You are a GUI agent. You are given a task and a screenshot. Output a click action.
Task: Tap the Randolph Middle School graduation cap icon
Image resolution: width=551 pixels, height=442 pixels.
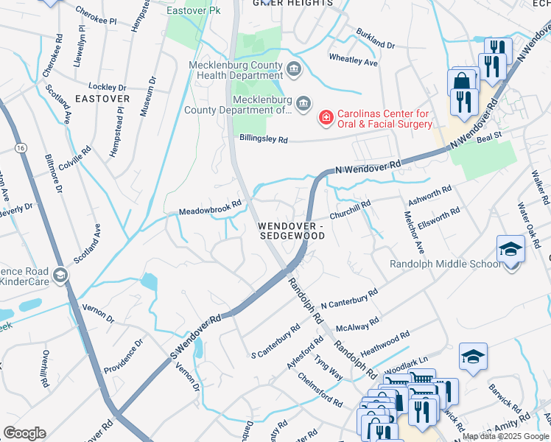(510, 250)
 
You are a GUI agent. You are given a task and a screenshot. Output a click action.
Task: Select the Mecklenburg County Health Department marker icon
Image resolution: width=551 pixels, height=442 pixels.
(294, 70)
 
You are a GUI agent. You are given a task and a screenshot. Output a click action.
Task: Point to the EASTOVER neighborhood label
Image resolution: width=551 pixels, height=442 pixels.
(102, 98)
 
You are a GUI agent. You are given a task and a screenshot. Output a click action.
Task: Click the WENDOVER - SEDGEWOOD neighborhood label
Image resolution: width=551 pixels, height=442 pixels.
(292, 230)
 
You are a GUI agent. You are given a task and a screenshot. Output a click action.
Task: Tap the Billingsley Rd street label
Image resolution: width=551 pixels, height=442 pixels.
(262, 138)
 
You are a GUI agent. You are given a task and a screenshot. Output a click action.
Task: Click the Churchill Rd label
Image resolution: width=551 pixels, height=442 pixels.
(350, 207)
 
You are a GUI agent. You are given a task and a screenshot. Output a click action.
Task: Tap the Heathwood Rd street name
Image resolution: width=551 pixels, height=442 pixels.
(385, 343)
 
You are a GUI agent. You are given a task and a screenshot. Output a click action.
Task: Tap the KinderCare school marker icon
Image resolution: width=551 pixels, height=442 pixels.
(60, 276)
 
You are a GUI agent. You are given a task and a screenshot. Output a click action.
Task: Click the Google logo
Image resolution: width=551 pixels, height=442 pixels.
(24, 433)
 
